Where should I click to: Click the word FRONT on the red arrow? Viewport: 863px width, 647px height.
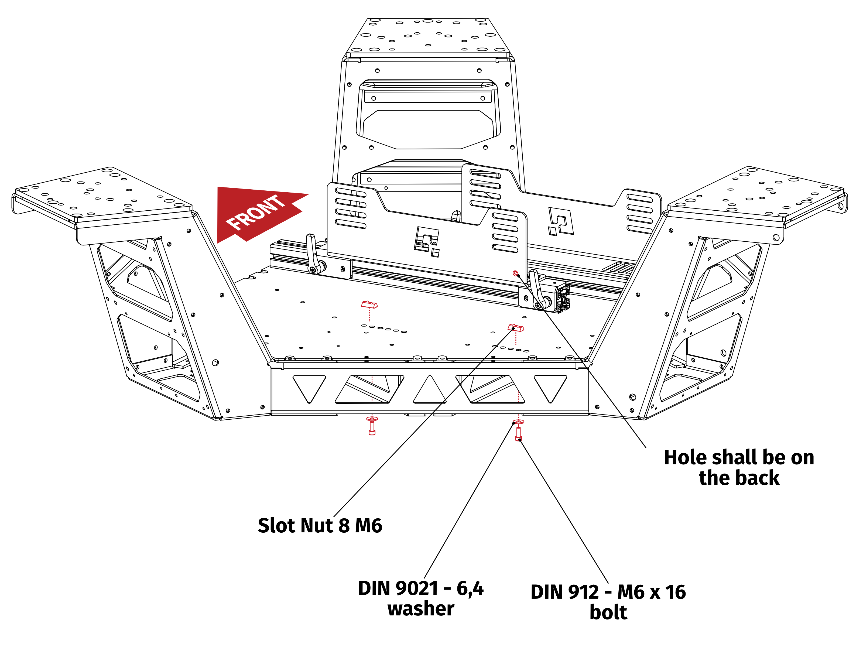pos(256,213)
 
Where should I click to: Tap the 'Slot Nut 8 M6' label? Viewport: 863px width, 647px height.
pos(320,526)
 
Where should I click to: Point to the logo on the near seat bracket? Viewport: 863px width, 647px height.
pos(426,241)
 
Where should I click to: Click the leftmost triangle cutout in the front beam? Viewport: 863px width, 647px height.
pos(309,386)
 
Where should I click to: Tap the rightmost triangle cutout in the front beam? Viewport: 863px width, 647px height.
pos(550,386)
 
